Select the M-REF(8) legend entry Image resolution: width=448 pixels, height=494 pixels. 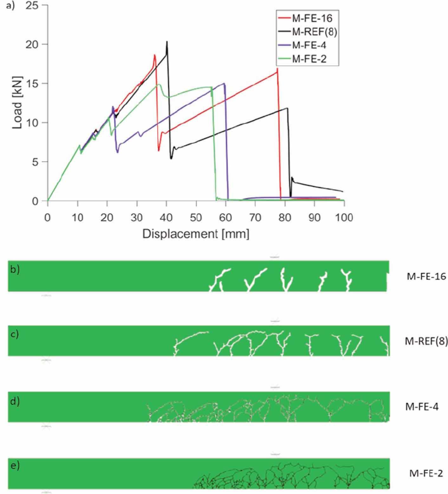(x=314, y=32)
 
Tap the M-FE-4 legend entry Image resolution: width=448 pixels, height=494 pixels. (x=309, y=45)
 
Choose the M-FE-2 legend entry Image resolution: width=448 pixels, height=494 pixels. (x=309, y=59)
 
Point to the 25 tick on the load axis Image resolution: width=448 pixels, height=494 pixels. (x=32, y=5)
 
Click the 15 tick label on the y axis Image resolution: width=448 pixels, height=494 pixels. (x=32, y=83)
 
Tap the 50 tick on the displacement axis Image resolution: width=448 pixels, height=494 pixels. (x=196, y=217)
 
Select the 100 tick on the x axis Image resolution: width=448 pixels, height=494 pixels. (x=344, y=217)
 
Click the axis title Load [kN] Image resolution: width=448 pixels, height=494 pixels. (x=17, y=102)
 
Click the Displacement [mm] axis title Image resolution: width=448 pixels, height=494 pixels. (x=196, y=234)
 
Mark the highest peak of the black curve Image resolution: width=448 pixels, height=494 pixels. (x=167, y=42)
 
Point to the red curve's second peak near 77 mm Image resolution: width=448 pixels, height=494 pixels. (x=277, y=69)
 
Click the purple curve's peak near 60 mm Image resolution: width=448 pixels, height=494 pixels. (x=224, y=84)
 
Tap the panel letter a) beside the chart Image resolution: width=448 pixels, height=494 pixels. (x=10, y=6)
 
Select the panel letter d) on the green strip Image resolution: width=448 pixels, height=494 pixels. (x=15, y=401)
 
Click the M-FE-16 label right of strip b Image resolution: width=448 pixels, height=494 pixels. (x=426, y=276)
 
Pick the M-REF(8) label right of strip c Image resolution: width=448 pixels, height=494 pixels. (x=426, y=341)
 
